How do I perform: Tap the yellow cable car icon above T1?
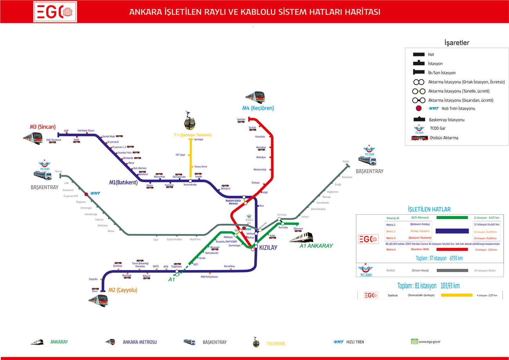(190, 121)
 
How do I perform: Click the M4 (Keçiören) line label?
(258, 108)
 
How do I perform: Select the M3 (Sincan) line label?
(43, 127)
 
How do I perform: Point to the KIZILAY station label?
(268, 248)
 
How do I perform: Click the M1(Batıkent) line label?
(123, 183)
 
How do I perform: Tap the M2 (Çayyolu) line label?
(123, 290)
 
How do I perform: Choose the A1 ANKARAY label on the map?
(316, 246)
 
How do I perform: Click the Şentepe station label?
(199, 139)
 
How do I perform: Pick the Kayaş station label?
(345, 161)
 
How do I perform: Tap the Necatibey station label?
(229, 266)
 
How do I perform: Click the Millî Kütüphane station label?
(209, 277)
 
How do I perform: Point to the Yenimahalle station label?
(190, 185)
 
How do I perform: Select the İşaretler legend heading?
(457, 43)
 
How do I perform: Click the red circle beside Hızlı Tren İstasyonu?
(419, 109)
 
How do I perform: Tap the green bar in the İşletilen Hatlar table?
(452, 217)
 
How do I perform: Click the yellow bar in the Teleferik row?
(457, 295)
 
